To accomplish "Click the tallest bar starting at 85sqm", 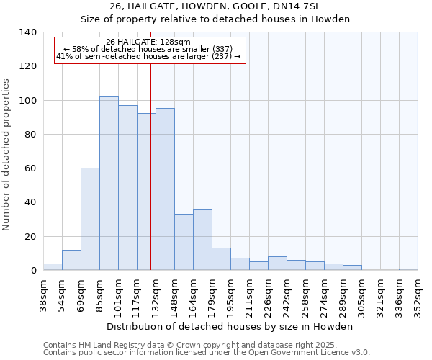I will (x=109, y=184).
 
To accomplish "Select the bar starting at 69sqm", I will (x=90, y=219).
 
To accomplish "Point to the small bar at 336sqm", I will (x=408, y=269).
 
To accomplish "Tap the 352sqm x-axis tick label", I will (x=418, y=296).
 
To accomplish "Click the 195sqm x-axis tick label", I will (x=230, y=296).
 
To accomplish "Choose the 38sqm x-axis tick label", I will (x=43, y=296).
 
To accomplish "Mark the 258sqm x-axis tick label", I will (x=305, y=296).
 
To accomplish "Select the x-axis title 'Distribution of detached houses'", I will (x=230, y=326).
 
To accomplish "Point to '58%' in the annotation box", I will (x=81, y=49).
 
